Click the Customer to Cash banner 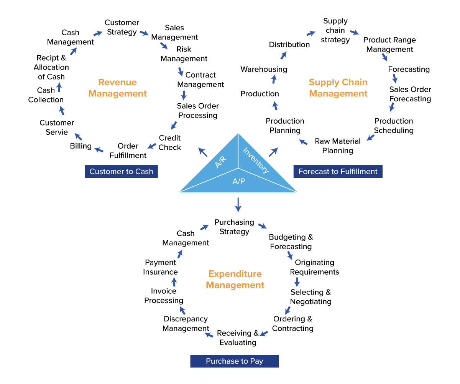(121, 172)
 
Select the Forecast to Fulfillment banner (338, 172)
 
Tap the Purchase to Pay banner (234, 361)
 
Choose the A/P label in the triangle (238, 181)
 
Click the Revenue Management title (118, 88)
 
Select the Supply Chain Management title (338, 88)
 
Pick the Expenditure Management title (235, 280)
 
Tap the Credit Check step (170, 142)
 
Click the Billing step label (81, 146)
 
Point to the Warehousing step (264, 69)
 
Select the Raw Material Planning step (338, 146)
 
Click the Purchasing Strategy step (234, 227)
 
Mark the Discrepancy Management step (186, 324)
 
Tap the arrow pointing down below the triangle (238, 204)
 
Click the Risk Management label (184, 54)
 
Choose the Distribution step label (289, 45)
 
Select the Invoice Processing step (164, 296)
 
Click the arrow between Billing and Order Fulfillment (99, 149)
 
